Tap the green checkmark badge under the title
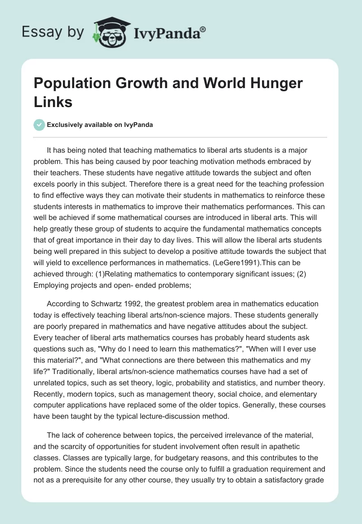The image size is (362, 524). pyautogui.click(x=39, y=125)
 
